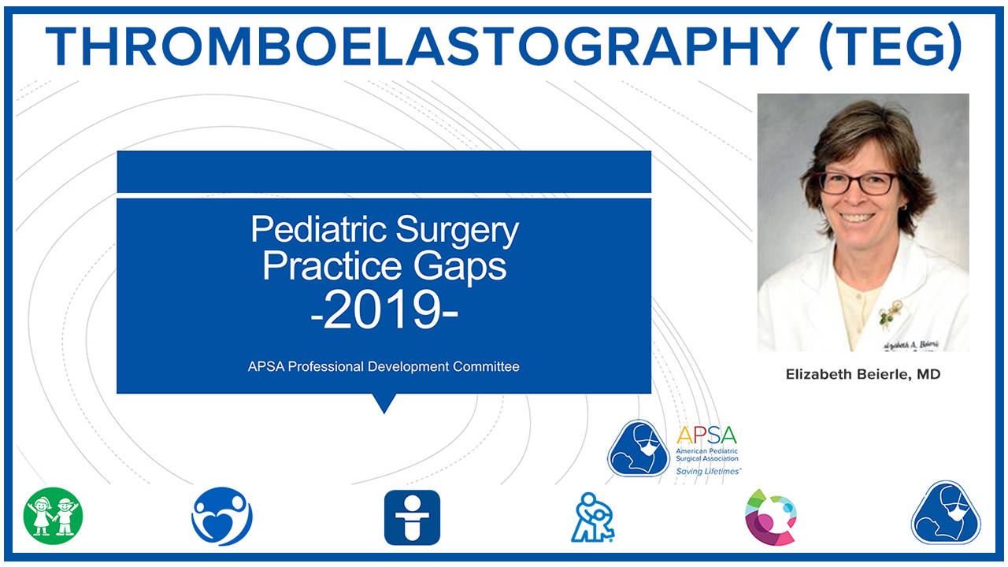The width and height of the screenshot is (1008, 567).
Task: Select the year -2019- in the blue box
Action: click(x=384, y=312)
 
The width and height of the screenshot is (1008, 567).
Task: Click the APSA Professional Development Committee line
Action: click(x=384, y=366)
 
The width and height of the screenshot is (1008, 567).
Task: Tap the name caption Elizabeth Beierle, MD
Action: click(x=863, y=374)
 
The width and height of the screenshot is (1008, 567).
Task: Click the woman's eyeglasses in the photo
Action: click(x=858, y=183)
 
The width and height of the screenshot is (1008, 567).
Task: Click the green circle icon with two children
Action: click(x=53, y=517)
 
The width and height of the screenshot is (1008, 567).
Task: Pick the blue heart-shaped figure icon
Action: click(x=221, y=517)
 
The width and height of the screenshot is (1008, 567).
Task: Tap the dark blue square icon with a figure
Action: click(x=412, y=517)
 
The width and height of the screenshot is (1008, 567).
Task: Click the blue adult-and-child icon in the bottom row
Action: click(x=595, y=517)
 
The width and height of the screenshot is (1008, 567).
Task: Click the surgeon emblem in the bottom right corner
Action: click(x=946, y=513)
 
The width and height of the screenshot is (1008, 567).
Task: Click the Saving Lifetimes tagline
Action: click(x=708, y=471)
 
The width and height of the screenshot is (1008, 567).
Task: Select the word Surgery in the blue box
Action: click(x=458, y=230)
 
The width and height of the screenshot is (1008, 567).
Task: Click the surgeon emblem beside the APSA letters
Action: click(x=639, y=448)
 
